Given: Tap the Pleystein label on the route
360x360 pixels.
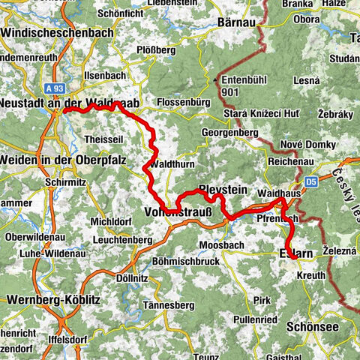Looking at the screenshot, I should coord(222,190).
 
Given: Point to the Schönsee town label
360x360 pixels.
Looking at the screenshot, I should coord(312,327).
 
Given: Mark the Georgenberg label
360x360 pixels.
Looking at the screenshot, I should coord(229,133).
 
